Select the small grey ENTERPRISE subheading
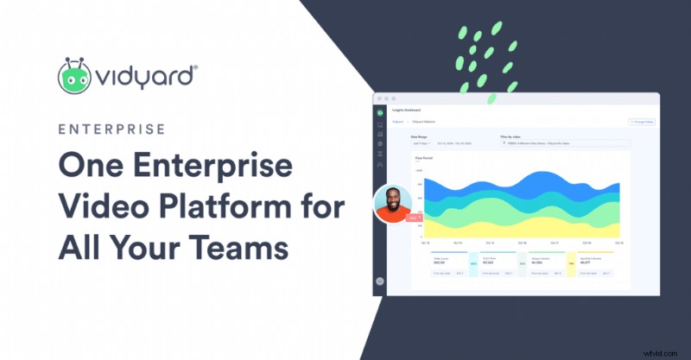click(111, 129)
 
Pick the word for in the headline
click(322, 208)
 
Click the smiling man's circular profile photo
click(392, 204)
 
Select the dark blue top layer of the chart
click(518, 180)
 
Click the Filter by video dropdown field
click(566, 143)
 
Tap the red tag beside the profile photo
click(413, 218)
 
